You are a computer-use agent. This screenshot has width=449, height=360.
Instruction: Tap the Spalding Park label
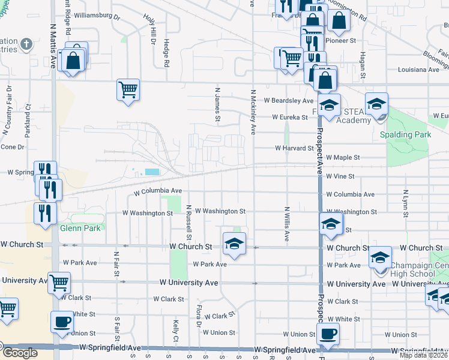coord(406,134)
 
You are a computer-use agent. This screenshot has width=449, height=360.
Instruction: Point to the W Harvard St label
coord(294,148)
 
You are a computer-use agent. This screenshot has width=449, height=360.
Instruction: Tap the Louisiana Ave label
coord(414,70)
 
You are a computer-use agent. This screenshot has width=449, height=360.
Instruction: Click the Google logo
coord(19,353)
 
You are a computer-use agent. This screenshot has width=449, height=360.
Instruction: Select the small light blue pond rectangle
coord(152,172)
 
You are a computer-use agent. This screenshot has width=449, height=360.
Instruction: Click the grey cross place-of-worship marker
coord(26,44)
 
